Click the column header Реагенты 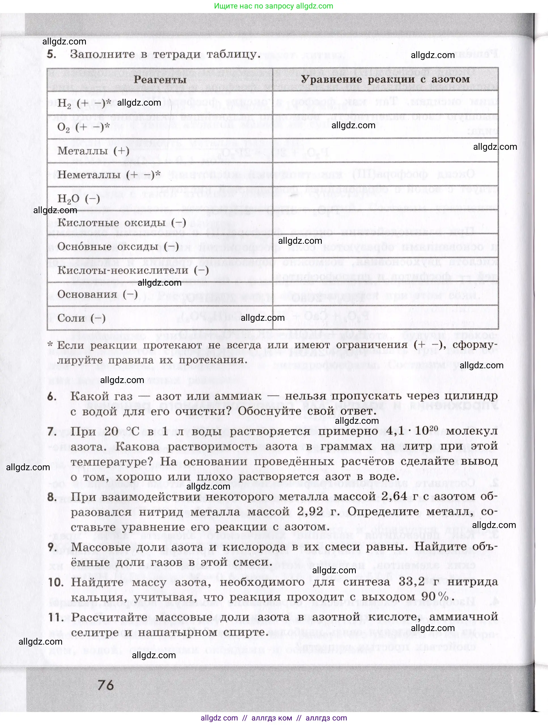click(160, 80)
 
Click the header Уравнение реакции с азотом click(385, 79)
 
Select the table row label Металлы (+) click(93, 151)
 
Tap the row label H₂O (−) click(79, 199)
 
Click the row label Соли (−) click(81, 318)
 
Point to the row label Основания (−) click(97, 294)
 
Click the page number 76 click(106, 685)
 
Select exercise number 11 click(56, 617)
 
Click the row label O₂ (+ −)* click(83, 127)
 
